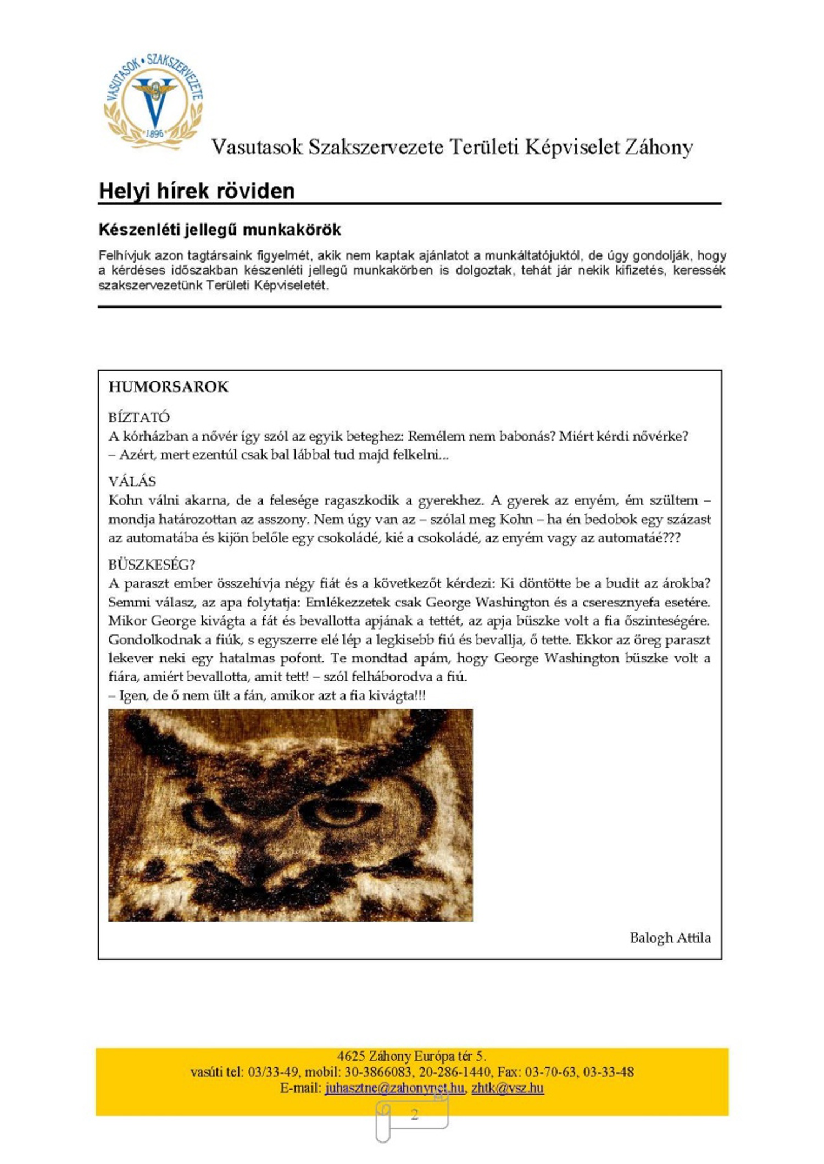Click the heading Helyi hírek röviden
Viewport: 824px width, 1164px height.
pos(197,191)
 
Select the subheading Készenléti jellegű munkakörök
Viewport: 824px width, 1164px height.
pos(220,229)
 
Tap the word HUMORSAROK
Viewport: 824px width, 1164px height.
pos(168,387)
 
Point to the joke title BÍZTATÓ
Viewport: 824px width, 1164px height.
pos(139,417)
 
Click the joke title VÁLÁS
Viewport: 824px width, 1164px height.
pos(132,481)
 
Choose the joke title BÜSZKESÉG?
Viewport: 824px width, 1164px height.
pos(152,564)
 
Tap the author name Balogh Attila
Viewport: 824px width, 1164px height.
pos(670,937)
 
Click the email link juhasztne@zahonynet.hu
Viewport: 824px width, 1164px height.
pos(394,1088)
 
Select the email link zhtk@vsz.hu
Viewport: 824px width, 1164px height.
pos(508,1088)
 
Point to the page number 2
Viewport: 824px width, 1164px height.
pos(415,1114)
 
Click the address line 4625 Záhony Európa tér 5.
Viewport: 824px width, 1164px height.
pos(411,1056)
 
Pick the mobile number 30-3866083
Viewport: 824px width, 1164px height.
pos(381,1072)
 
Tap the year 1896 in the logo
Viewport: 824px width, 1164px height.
pos(155,133)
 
